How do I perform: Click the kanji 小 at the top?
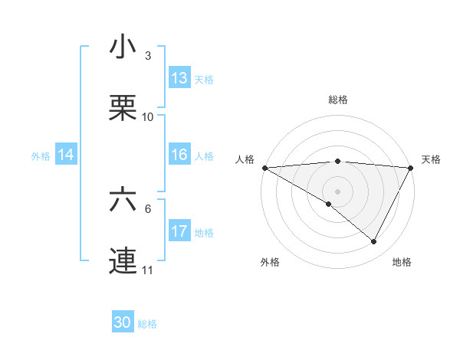[x=123, y=47]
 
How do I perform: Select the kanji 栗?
[x=123, y=109]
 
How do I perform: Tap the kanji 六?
[x=123, y=200]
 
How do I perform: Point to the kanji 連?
[x=123, y=261]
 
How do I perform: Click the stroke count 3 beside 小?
[x=148, y=56]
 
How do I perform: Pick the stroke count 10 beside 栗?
[x=148, y=117]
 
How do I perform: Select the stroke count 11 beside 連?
[x=148, y=270]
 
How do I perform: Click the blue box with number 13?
[x=179, y=78]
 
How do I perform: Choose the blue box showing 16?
[x=179, y=155]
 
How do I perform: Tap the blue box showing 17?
[x=179, y=231]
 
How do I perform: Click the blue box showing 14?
[x=66, y=155]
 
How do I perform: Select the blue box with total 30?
[x=123, y=322]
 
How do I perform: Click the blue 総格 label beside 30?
[x=148, y=324]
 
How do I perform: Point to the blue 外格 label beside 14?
[x=41, y=155]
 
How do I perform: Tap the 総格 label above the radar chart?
[x=337, y=100]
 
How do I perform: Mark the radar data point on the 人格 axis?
[x=264, y=168]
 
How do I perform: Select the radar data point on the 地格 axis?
[x=374, y=242]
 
